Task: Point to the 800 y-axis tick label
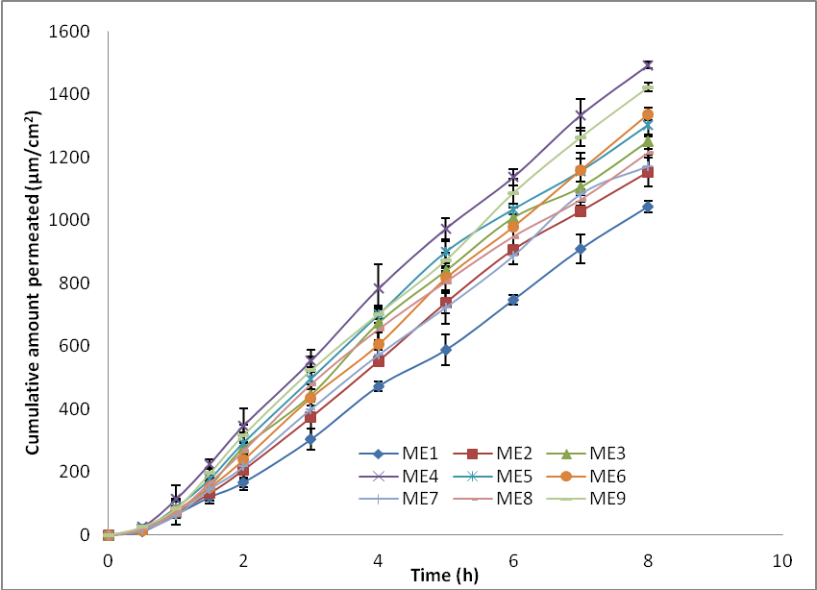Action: point(75,283)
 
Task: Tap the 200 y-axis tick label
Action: point(75,472)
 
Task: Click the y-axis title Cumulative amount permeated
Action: point(33,283)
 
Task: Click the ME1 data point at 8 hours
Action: point(648,207)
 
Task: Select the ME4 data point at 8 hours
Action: point(648,65)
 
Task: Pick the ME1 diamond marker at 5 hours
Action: point(446,350)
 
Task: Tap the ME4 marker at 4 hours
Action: point(379,289)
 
